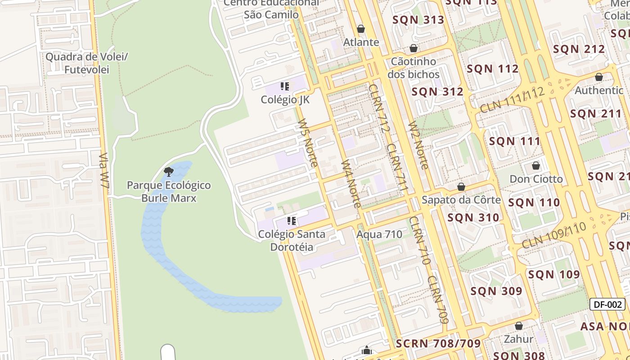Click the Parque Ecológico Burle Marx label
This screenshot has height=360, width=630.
(169, 191)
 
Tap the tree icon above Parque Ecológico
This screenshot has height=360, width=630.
(169, 171)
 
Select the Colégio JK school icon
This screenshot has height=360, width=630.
(284, 86)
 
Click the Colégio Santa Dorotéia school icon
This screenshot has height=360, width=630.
(292, 220)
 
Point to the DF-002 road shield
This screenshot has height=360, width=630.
(607, 304)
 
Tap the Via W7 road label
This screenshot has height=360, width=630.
(104, 171)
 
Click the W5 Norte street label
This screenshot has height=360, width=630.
(308, 143)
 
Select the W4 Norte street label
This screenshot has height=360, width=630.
(351, 184)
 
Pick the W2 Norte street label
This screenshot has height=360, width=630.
(418, 145)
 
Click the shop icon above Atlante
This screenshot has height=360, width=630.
(361, 29)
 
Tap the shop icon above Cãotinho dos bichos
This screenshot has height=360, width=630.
(414, 48)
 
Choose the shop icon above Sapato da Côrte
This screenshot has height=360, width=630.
(461, 187)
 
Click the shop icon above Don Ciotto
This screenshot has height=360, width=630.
(536, 166)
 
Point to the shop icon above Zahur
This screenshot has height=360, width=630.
(519, 326)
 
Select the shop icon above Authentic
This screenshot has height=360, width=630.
(599, 77)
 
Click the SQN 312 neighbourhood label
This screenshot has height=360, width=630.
(437, 92)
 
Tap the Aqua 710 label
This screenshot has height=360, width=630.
(379, 234)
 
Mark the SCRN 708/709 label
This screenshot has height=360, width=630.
(438, 344)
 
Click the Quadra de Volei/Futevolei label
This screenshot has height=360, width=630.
(87, 63)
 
